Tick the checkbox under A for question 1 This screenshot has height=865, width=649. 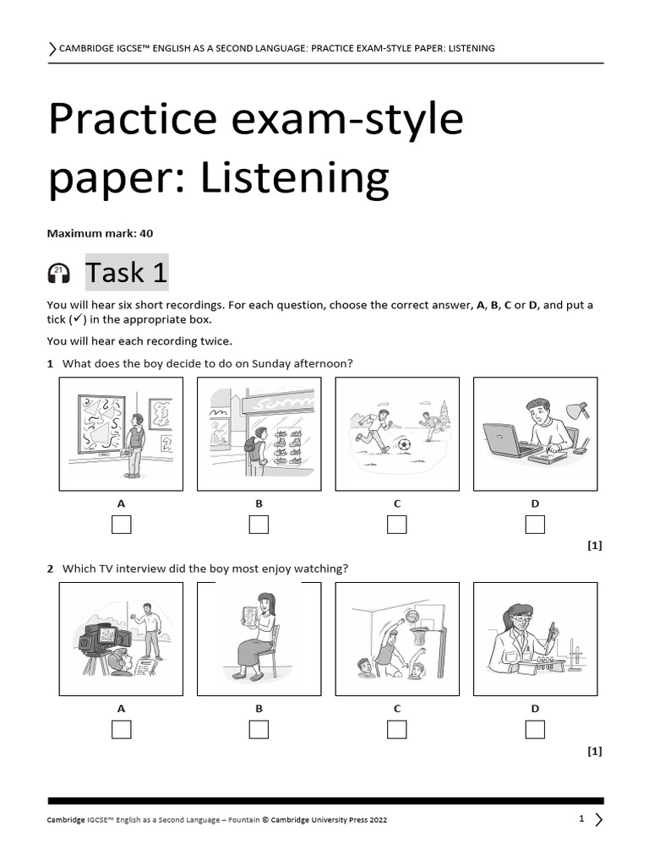tap(121, 524)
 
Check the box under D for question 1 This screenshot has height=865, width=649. tap(535, 524)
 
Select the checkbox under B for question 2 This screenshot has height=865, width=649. tap(259, 729)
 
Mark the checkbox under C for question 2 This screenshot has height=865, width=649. tap(397, 729)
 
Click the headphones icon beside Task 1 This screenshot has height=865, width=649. tap(59, 274)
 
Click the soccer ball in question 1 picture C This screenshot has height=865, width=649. tap(404, 444)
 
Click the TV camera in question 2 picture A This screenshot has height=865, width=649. tap(100, 643)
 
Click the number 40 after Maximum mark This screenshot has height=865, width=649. tap(146, 233)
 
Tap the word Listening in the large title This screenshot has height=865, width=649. tap(295, 177)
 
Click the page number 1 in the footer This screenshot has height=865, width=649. tap(581, 819)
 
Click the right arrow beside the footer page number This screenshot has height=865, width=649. tap(599, 819)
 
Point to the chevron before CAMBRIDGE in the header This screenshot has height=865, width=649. tap(52, 49)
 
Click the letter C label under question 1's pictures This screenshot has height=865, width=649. tap(397, 503)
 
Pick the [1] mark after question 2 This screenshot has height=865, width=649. tap(594, 751)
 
